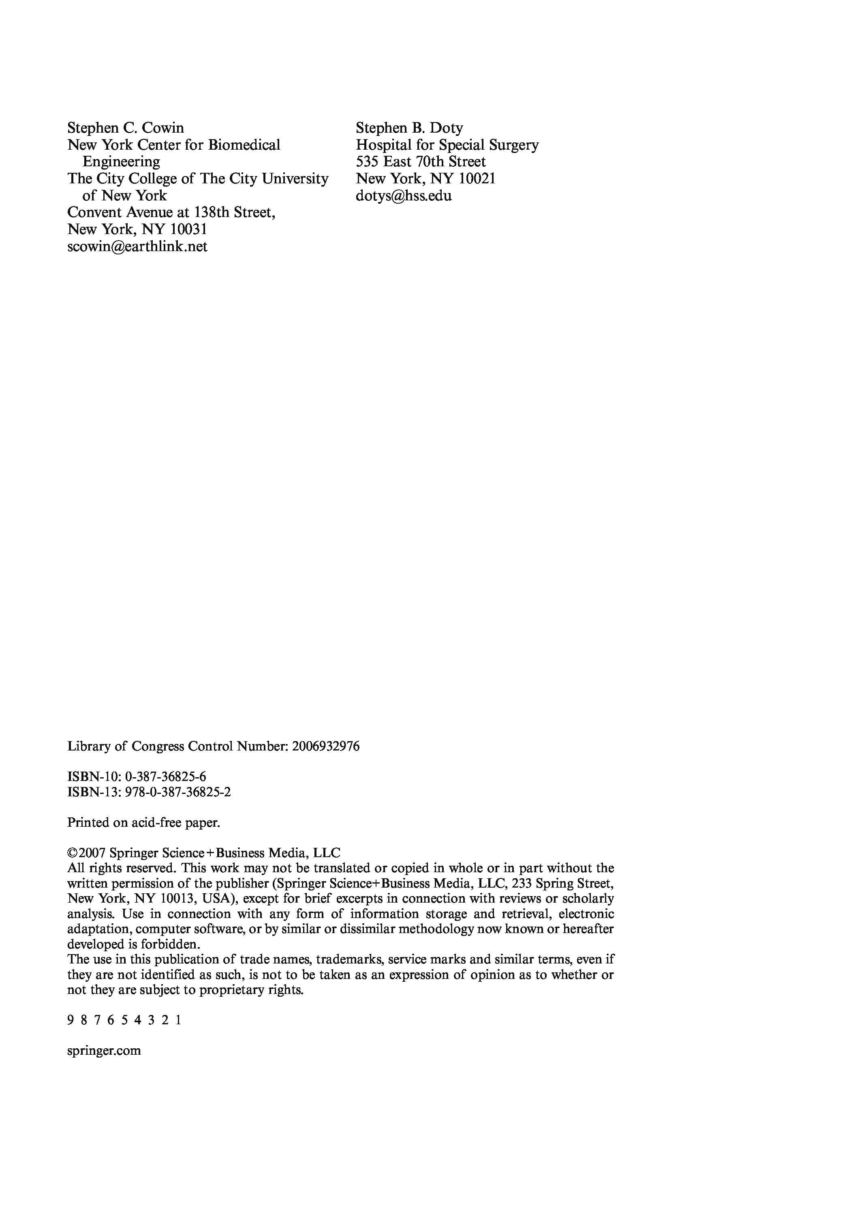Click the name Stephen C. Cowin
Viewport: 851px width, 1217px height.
(x=126, y=128)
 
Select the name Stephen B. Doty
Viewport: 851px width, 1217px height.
(x=409, y=128)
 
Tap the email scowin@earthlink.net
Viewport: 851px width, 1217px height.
(x=137, y=247)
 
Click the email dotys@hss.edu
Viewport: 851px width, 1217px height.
(x=404, y=196)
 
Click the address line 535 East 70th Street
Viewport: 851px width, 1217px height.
(x=421, y=162)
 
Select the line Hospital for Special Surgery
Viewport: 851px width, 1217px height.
(x=447, y=145)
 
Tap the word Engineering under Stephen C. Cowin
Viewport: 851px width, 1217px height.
(x=121, y=162)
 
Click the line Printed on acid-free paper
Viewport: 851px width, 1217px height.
(x=143, y=823)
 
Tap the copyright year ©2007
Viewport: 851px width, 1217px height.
(x=88, y=854)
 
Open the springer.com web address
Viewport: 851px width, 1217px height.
(x=104, y=1051)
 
